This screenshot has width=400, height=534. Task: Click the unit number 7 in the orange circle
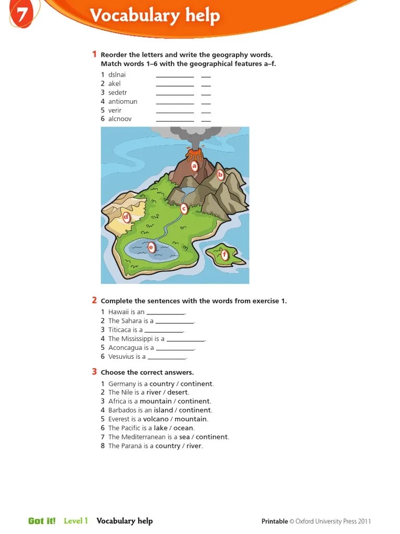(21, 15)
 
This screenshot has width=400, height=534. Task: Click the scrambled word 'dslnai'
(117, 75)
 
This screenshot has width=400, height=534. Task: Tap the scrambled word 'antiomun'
(122, 101)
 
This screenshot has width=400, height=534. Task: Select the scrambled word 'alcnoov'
(120, 119)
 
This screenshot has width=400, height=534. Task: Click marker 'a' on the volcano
(195, 166)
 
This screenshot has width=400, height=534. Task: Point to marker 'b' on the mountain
(220, 175)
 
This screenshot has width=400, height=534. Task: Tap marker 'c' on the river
(183, 209)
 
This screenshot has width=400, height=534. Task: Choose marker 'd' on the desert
(126, 217)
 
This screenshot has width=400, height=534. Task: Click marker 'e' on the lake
(152, 247)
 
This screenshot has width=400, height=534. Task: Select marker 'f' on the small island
(225, 255)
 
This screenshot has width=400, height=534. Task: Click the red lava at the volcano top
(195, 154)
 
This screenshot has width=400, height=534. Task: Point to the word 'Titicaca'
(120, 330)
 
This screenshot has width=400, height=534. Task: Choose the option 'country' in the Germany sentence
(162, 384)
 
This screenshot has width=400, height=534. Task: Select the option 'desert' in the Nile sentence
(178, 392)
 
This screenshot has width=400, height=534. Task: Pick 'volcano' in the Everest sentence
(156, 419)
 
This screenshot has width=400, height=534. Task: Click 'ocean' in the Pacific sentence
(183, 428)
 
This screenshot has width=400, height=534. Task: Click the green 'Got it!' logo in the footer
(42, 521)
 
